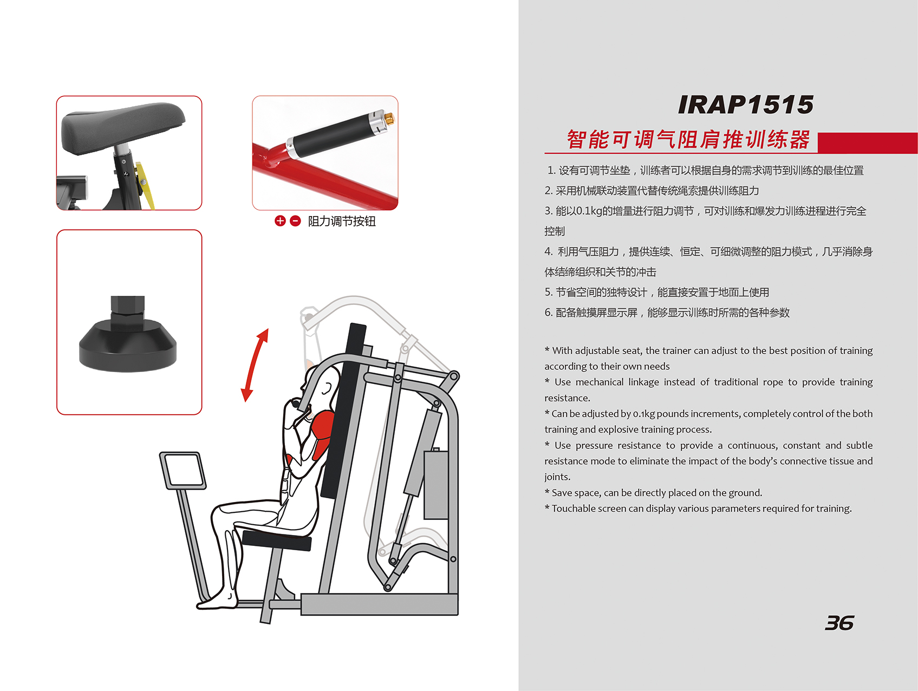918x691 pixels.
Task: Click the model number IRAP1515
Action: [x=745, y=105]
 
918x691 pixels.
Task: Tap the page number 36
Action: [x=839, y=623]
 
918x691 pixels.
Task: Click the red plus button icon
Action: [x=280, y=221]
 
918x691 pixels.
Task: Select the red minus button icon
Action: [x=295, y=221]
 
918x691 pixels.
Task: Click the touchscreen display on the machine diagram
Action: [x=183, y=471]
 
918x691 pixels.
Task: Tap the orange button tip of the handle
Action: [x=389, y=117]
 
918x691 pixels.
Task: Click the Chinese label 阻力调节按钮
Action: [x=342, y=221]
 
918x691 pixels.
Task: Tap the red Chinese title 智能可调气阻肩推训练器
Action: [x=688, y=139]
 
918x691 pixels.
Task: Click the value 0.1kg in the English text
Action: [x=644, y=414]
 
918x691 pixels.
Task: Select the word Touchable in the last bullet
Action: [x=575, y=509]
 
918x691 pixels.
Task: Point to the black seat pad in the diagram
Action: [x=277, y=540]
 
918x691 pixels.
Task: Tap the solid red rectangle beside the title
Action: [x=868, y=143]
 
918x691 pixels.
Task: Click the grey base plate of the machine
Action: [x=379, y=604]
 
